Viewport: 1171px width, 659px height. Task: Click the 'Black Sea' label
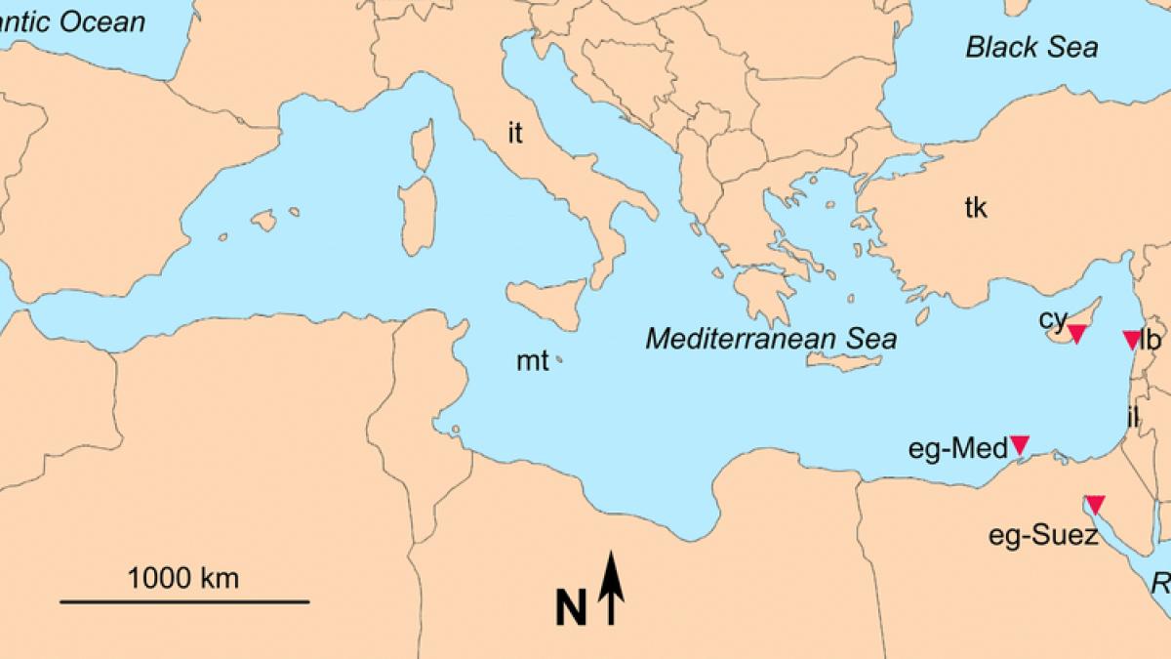(x=1031, y=47)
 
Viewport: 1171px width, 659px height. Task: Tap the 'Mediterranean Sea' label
(x=771, y=339)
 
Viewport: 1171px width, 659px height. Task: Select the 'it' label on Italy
(x=515, y=133)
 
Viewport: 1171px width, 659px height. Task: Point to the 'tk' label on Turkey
(x=976, y=207)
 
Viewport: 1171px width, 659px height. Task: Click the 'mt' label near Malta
(x=533, y=362)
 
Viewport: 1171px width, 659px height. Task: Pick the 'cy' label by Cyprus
(x=1052, y=318)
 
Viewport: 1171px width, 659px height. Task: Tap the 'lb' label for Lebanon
(x=1151, y=340)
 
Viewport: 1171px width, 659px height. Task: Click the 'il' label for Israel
(x=1132, y=417)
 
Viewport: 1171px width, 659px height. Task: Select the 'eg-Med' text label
(x=957, y=449)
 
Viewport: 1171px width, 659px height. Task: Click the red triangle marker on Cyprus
(x=1076, y=334)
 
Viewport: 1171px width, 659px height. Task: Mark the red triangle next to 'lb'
(x=1131, y=339)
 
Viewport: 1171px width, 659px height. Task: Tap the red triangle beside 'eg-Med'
(x=1020, y=444)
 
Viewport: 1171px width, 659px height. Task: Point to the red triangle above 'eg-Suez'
(x=1095, y=504)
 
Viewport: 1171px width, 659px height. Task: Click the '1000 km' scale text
(x=183, y=578)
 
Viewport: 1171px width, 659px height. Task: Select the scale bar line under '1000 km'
(x=184, y=601)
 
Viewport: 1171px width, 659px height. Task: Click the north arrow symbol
(x=611, y=588)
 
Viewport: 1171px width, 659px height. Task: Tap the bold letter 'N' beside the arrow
(x=571, y=607)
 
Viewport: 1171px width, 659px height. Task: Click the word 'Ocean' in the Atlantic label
(x=102, y=21)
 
